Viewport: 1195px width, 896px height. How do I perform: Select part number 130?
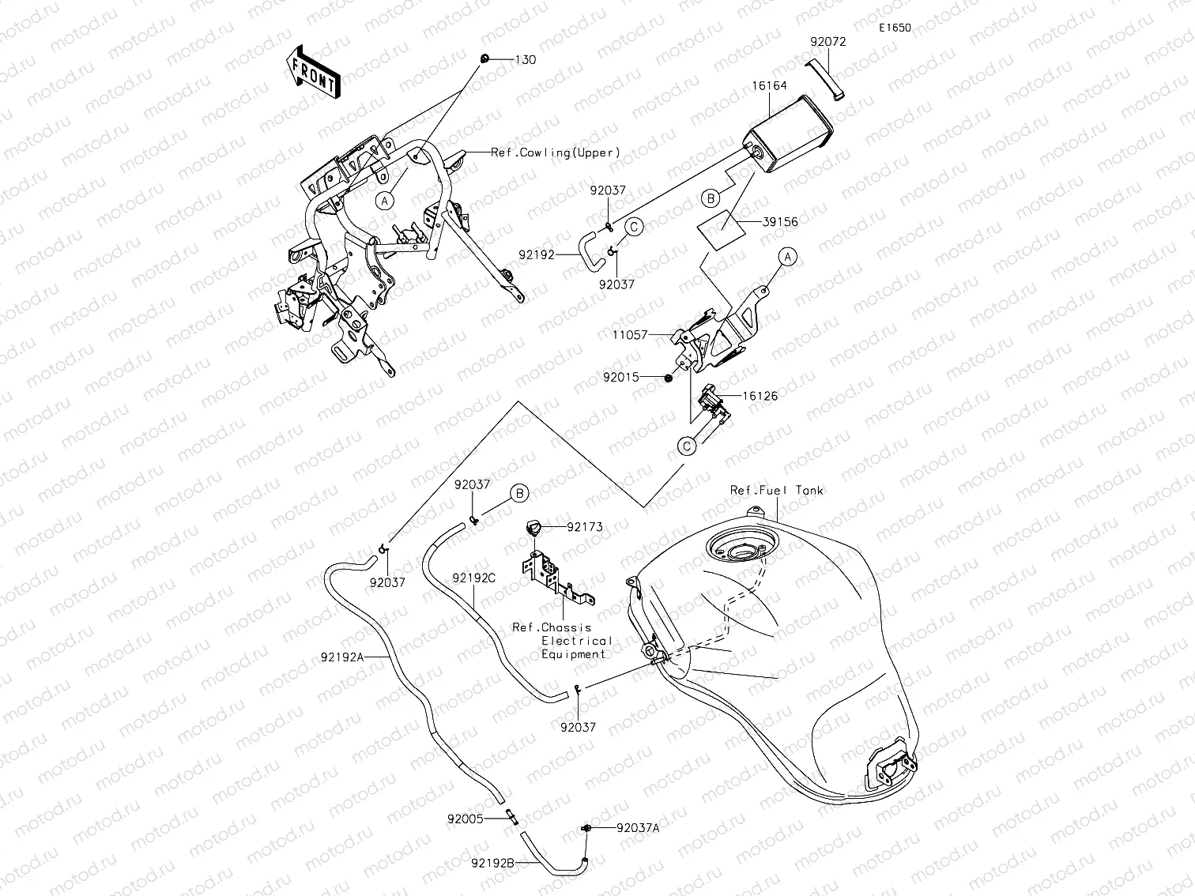526,60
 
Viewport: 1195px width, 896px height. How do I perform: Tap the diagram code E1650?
895,28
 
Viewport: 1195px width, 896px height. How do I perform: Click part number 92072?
827,42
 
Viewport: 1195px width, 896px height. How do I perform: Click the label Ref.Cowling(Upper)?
556,152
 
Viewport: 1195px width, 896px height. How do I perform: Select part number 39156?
779,222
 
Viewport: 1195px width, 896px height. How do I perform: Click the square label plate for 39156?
720,230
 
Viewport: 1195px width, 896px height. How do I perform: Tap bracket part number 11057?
630,335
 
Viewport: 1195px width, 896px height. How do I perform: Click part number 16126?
759,396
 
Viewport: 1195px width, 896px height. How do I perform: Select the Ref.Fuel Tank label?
776,491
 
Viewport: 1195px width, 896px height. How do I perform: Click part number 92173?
584,525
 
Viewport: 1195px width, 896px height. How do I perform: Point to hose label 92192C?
473,578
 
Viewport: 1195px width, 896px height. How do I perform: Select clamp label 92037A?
638,828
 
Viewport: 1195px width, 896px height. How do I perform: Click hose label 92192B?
493,864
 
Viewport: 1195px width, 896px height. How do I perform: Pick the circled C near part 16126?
688,446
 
